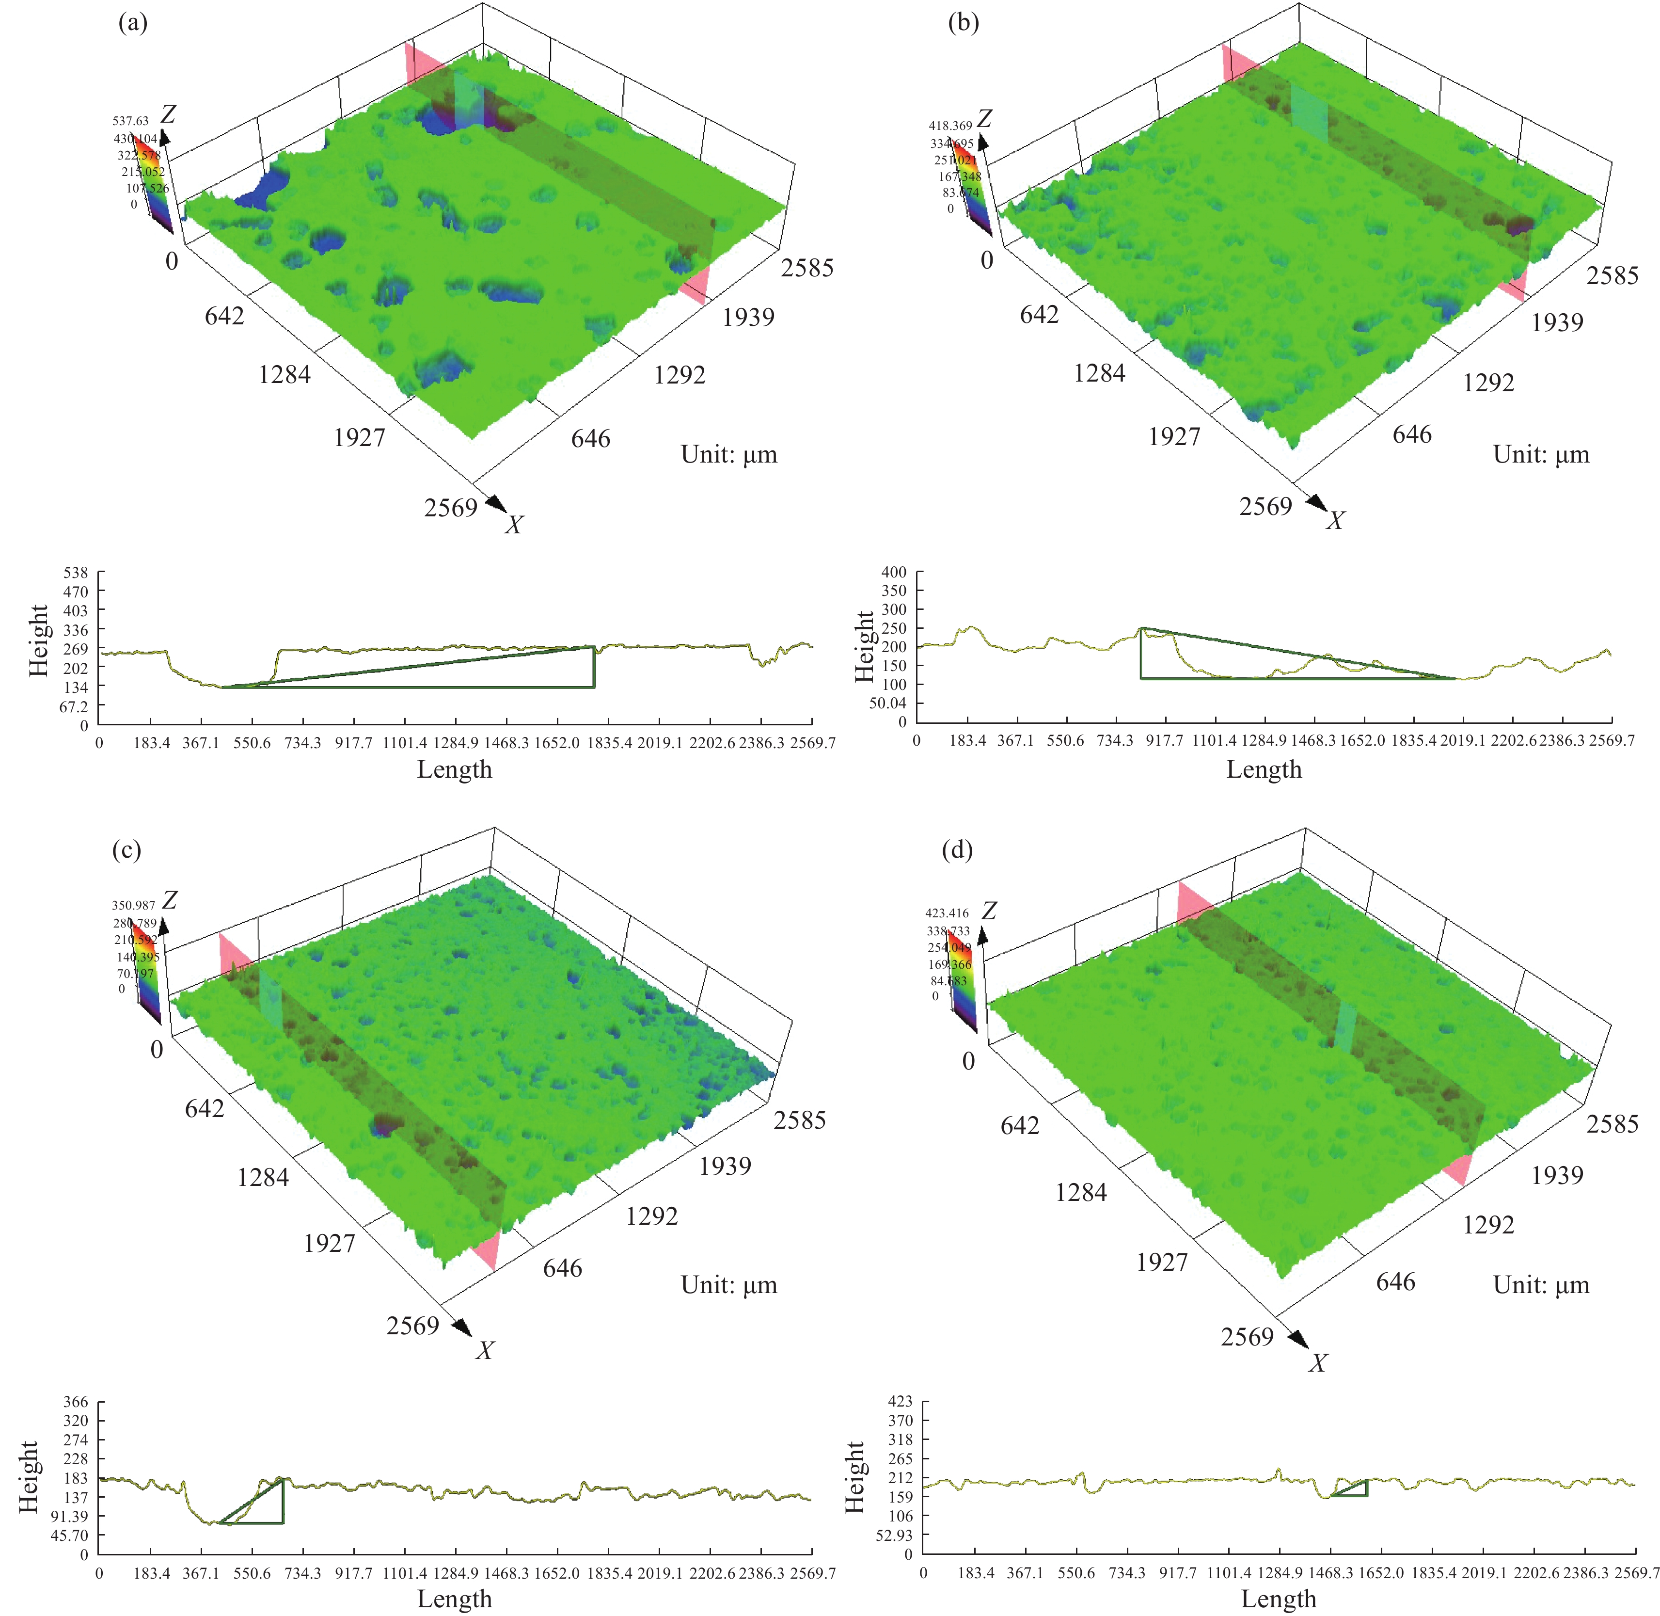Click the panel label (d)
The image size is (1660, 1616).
point(958,849)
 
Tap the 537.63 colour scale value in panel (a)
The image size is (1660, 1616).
point(131,121)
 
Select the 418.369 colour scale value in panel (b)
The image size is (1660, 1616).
point(950,126)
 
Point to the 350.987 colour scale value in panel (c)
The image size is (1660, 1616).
point(133,906)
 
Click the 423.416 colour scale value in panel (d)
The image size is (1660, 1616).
point(947,913)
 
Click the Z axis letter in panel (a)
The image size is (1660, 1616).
point(168,114)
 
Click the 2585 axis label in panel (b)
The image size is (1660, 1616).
point(1613,276)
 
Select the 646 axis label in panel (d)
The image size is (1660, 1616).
point(1395,1281)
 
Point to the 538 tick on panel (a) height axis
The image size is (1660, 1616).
point(76,573)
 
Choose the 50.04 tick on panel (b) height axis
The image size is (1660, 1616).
point(887,704)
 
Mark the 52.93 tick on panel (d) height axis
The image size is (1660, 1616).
point(894,1536)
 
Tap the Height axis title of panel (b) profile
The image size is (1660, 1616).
point(864,647)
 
